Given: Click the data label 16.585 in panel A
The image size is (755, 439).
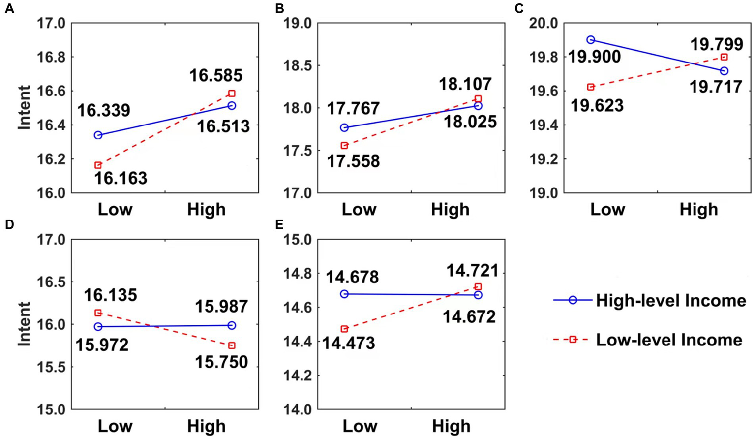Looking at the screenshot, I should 216,75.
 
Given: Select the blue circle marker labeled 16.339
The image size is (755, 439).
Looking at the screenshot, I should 98,135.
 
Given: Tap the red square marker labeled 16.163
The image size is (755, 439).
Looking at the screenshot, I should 98,165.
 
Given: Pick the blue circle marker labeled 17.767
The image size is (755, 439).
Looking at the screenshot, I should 344,128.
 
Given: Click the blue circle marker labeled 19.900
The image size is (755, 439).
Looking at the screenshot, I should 591,40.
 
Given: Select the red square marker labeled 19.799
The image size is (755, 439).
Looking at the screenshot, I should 724,57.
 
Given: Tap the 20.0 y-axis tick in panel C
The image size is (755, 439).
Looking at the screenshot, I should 544,23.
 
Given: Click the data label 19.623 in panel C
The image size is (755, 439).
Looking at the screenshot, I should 598,105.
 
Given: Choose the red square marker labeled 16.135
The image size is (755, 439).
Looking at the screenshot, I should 98,313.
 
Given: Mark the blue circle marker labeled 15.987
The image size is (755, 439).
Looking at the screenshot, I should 232,325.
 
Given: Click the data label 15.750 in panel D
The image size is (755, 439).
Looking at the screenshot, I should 221,362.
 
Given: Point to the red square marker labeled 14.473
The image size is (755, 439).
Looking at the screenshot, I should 344,329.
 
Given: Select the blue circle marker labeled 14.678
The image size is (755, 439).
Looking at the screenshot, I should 344,294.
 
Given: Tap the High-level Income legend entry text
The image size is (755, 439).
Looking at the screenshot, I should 671,300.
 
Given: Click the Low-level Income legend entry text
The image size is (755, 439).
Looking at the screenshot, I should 669,340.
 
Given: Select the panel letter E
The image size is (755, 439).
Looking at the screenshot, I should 279,225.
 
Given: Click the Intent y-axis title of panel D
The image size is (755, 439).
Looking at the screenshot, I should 24,324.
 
